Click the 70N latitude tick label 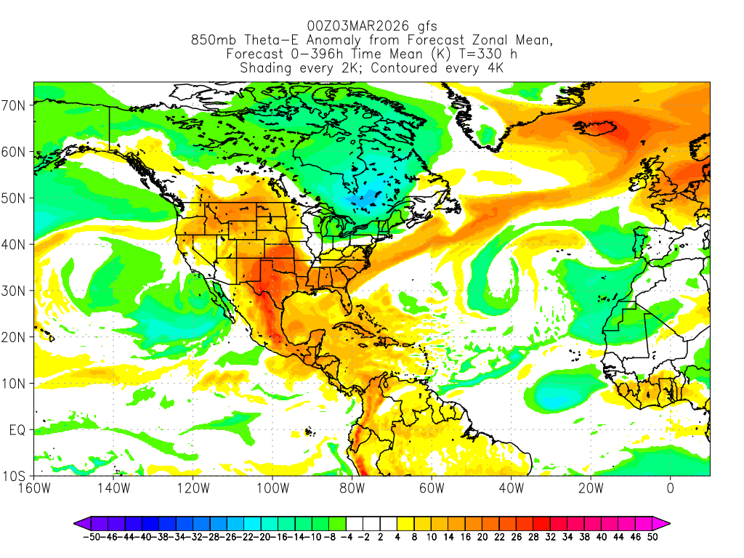pyautogui.click(x=15, y=105)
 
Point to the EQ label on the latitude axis pyautogui.click(x=17, y=430)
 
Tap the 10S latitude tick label pyautogui.click(x=15, y=477)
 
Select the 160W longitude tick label pyautogui.click(x=33, y=488)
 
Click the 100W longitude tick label pyautogui.click(x=272, y=488)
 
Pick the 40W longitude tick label pyautogui.click(x=511, y=488)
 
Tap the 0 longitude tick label pyautogui.click(x=670, y=488)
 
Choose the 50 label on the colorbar pyautogui.click(x=653, y=537)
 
